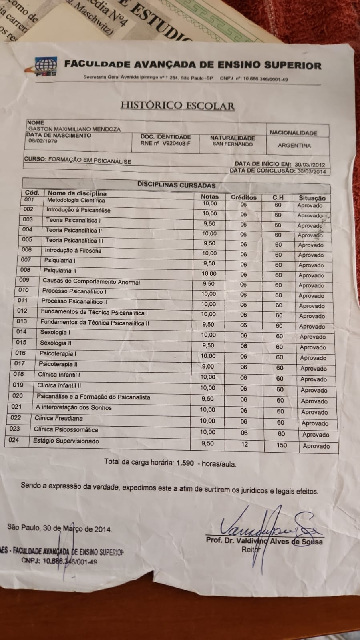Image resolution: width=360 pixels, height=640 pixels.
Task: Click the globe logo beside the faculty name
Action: [x=45, y=66]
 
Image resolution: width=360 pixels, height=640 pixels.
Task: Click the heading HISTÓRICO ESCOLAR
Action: [x=177, y=106]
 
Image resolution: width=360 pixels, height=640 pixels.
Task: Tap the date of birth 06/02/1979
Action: [x=43, y=141]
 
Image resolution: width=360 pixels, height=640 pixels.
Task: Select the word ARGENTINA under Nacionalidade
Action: [x=294, y=146]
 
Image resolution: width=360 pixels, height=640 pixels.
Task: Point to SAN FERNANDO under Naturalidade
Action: [x=233, y=144]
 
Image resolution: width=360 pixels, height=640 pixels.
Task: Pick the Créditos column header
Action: [x=243, y=197]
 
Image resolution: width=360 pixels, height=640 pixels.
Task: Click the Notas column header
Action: [x=210, y=197]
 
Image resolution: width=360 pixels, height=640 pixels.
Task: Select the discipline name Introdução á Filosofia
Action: [x=73, y=251]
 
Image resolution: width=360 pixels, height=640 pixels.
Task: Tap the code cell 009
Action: [x=24, y=280]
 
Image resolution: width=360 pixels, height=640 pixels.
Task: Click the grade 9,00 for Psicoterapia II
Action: [x=207, y=367]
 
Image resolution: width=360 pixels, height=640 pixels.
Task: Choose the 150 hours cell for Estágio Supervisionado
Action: [x=282, y=445]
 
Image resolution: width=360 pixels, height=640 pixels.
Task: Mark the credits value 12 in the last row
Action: [x=245, y=444]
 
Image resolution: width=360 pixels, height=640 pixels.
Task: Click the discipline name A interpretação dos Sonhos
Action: [x=74, y=408]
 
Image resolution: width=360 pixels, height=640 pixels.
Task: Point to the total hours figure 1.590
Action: [x=185, y=463]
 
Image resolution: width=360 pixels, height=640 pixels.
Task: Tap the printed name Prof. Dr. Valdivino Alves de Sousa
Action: [x=264, y=541]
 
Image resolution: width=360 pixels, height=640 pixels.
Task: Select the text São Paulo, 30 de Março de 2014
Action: [x=59, y=528]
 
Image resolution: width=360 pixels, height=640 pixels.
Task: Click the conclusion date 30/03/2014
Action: [x=311, y=171]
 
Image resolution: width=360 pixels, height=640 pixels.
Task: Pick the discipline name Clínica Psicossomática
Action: [x=66, y=429]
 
